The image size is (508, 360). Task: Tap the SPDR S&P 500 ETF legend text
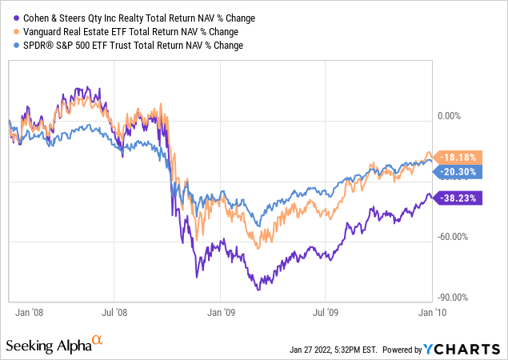(x=129, y=45)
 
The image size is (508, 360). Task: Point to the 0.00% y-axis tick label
(x=455, y=115)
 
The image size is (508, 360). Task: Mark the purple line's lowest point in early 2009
(x=258, y=289)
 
